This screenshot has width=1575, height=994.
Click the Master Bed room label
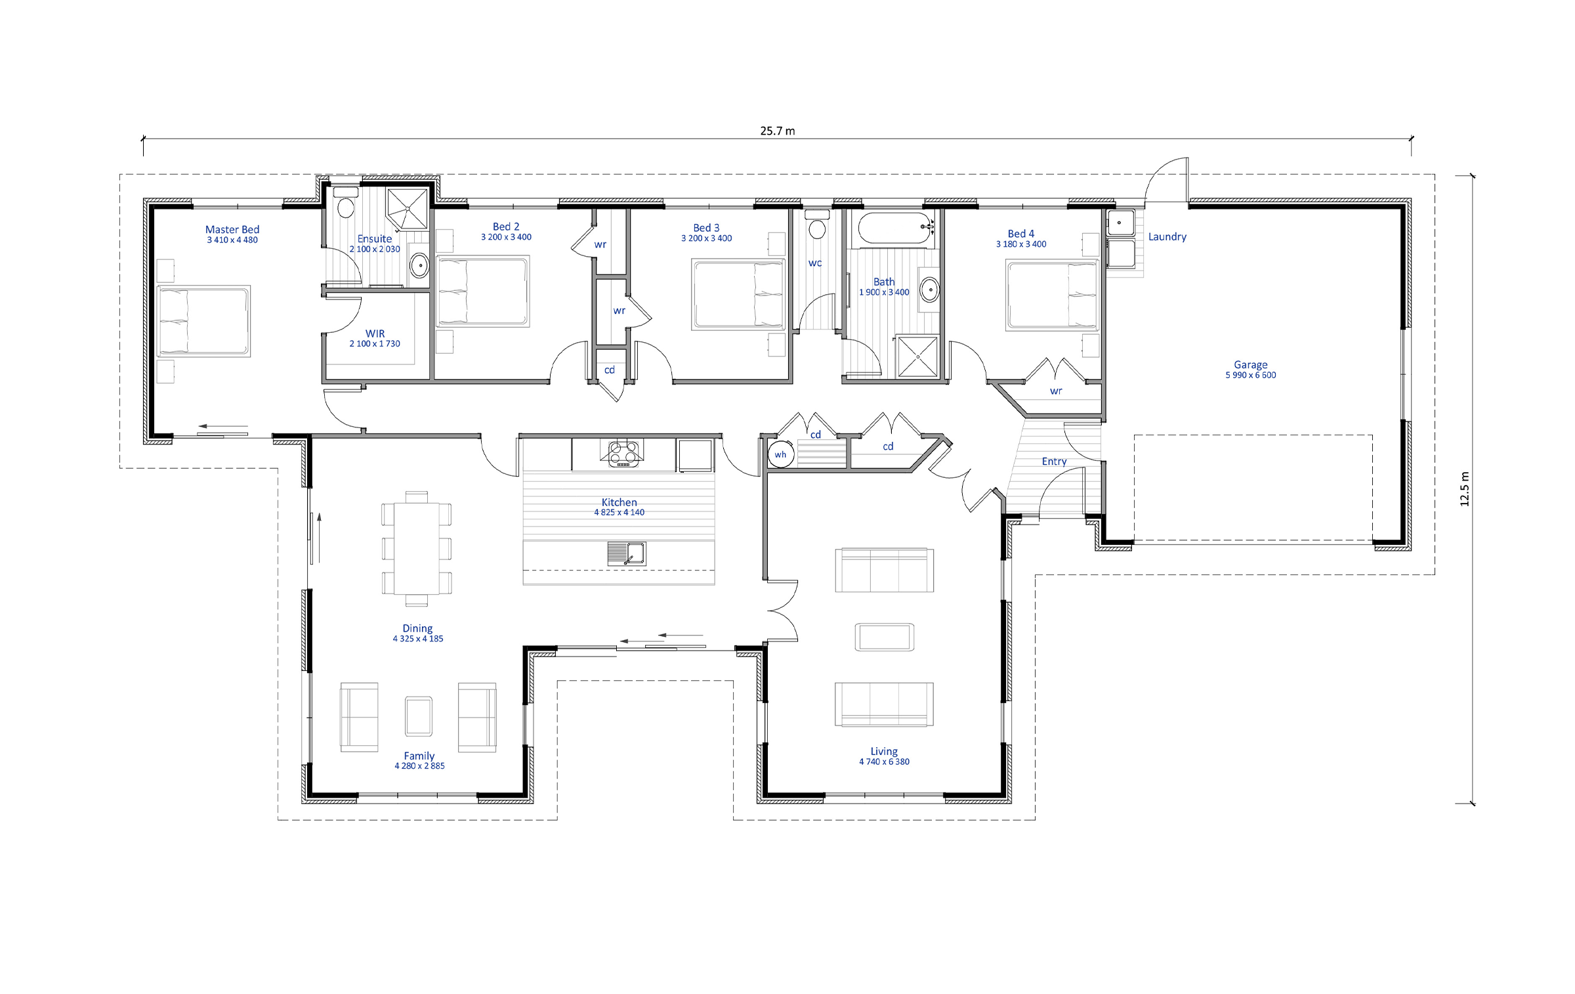[x=232, y=230]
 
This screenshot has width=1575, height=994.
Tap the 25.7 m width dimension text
[x=778, y=131]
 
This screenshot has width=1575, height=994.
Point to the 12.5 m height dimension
[x=1464, y=489]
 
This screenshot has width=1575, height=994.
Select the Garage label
[x=1251, y=364]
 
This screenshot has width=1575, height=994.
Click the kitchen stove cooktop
[x=623, y=453]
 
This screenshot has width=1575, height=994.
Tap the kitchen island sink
[x=627, y=553]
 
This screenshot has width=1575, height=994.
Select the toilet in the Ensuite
[x=345, y=203]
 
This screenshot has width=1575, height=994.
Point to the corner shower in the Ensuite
[x=407, y=209]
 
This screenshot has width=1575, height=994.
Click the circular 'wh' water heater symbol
[x=781, y=454]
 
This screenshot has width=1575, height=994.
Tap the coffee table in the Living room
[x=884, y=637]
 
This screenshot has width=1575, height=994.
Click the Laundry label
[x=1167, y=236]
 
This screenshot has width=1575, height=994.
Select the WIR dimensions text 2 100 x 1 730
[x=375, y=343]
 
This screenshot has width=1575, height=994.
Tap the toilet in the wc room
[x=816, y=225]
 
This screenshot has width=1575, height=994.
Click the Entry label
[x=1054, y=462]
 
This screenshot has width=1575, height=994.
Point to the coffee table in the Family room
[x=419, y=716]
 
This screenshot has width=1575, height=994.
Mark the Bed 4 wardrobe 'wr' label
[x=1056, y=391]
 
